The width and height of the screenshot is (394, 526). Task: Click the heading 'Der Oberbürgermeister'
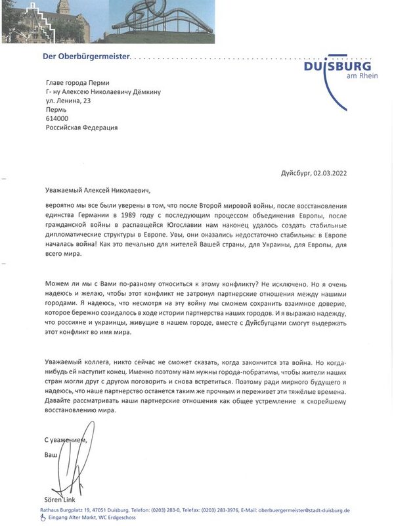click(x=87, y=57)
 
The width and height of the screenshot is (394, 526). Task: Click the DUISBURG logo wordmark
click(x=337, y=66)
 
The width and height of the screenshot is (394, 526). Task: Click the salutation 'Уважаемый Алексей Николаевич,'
click(x=97, y=191)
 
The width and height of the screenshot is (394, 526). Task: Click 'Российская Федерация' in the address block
click(x=81, y=128)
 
